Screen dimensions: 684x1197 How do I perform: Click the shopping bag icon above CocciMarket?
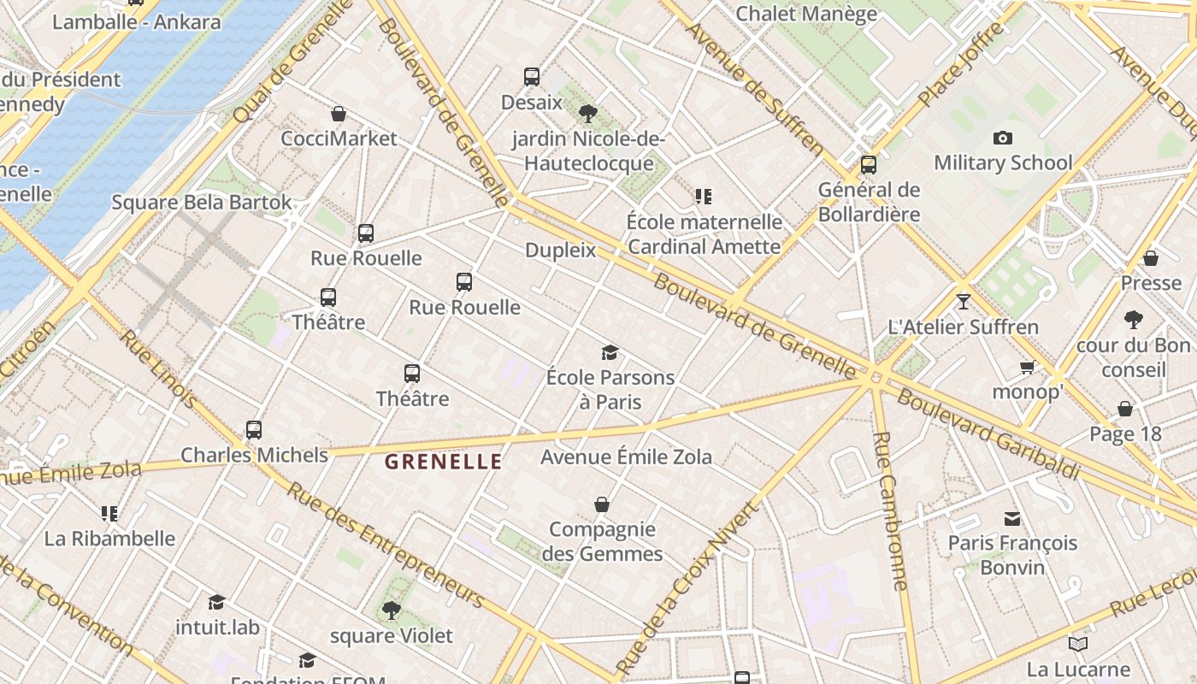pos(339,114)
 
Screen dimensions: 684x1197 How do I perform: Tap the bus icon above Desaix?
pos(532,77)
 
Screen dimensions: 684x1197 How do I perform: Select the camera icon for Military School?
pos(1003,138)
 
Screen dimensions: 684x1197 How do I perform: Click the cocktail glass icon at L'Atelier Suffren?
pos(964,301)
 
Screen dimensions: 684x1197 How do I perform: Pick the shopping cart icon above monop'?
pos(1027,368)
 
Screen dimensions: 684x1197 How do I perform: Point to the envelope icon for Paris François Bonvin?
pos(1012,518)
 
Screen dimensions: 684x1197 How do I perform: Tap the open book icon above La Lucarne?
pos(1078,644)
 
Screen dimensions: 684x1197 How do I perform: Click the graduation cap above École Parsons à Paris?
pos(610,352)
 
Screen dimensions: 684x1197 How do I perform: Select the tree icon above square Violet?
pos(392,610)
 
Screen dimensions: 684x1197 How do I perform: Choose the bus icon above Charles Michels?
pos(254,430)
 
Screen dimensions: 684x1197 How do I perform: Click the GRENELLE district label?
pos(443,462)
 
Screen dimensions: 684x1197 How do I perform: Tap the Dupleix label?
pos(560,250)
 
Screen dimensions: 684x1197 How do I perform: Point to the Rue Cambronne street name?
pos(890,510)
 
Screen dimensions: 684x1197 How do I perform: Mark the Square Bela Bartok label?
pos(202,203)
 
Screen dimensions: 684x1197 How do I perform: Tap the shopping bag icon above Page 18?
pos(1125,409)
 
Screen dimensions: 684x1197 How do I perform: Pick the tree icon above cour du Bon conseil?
pos(1134,321)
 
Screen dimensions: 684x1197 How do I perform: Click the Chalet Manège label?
pos(806,14)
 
